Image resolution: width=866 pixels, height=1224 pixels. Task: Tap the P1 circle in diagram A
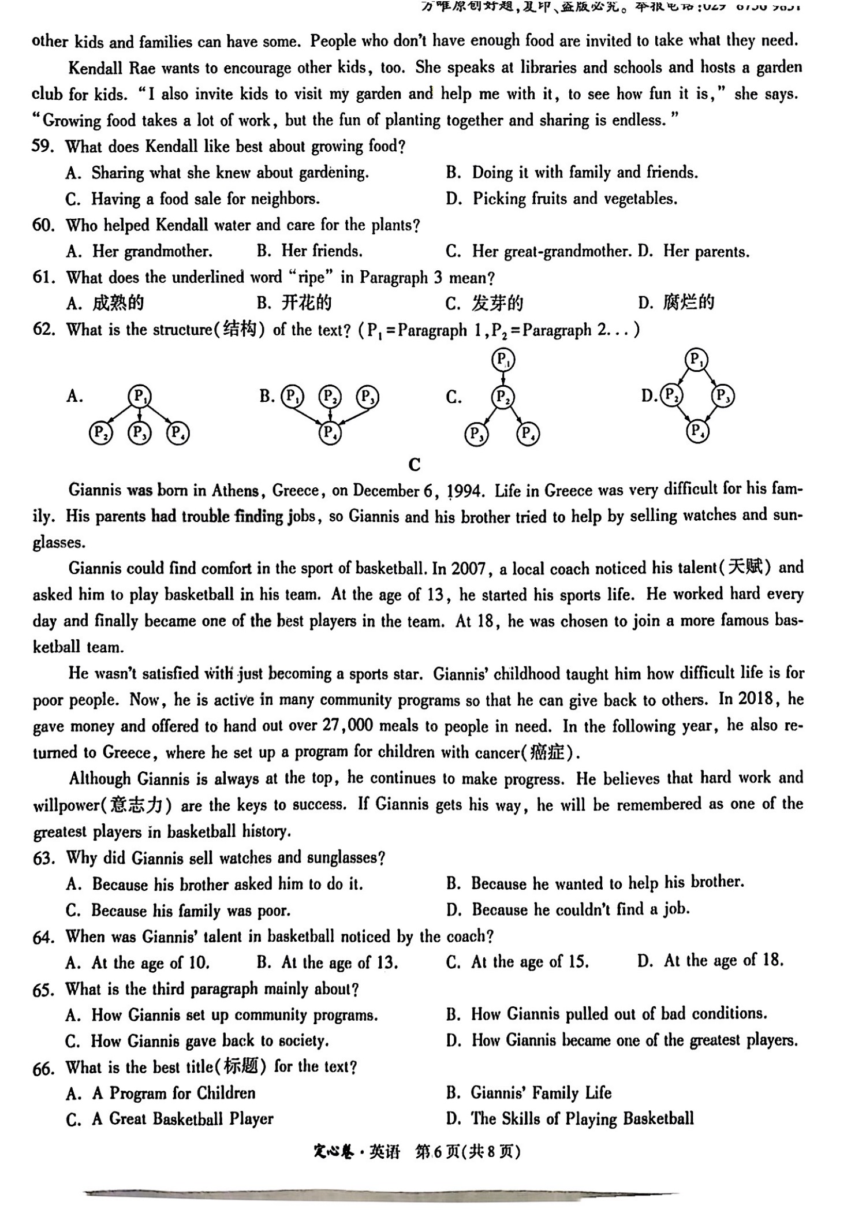tap(139, 396)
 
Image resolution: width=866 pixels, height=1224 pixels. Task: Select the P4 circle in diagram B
tap(330, 432)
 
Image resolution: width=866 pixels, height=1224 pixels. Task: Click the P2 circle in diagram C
tap(502, 397)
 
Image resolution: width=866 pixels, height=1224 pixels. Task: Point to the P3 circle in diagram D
tap(723, 395)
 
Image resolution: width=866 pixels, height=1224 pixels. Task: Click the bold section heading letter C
tap(414, 464)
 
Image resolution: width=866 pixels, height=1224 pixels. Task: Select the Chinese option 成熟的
tap(118, 303)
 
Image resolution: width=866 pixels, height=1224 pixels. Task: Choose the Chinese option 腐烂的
tap(688, 302)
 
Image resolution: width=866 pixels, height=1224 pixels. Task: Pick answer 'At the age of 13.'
tap(339, 962)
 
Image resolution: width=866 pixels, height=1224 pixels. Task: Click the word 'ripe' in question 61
tap(311, 278)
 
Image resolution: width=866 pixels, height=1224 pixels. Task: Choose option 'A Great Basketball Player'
tap(182, 1118)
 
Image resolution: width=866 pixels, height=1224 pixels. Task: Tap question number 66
tap(43, 1068)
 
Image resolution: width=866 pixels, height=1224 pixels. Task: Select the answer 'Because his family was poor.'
tap(191, 910)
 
